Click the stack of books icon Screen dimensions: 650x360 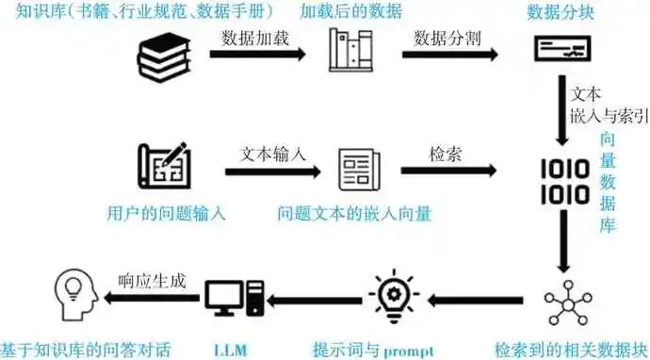tap(164, 57)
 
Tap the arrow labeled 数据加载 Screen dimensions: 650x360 tap(257, 54)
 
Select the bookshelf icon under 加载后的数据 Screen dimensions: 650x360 tap(350, 50)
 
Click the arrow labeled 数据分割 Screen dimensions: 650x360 tap(449, 55)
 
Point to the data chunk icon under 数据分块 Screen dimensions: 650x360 tap(562, 48)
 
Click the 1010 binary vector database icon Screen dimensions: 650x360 tap(565, 182)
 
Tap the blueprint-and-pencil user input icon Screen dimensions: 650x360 tap(164, 166)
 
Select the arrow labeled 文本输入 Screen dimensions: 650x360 tap(273, 172)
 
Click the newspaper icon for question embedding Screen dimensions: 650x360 tap(359, 170)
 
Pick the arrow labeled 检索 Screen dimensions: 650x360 tap(449, 171)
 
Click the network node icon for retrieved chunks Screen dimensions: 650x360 tap(568, 303)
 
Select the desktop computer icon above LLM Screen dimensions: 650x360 tap(235, 298)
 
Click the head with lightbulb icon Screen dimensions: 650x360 tap(76, 294)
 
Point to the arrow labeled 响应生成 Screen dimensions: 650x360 tap(152, 298)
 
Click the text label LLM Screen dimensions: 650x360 tap(231, 351)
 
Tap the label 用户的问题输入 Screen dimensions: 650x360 tap(166, 214)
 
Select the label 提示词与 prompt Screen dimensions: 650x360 tap(373, 351)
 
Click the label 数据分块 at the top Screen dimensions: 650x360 tap(561, 12)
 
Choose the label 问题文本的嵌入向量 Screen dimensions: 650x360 tap(355, 214)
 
